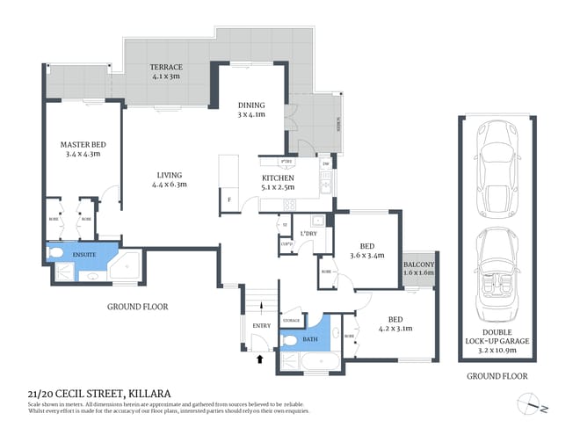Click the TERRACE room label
[x=166, y=68]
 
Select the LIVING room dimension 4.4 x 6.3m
[x=169, y=185]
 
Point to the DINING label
[x=251, y=105]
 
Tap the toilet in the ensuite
[x=57, y=254]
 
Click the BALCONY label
[x=417, y=264]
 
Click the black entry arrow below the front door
[x=259, y=358]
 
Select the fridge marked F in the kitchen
[x=229, y=199]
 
